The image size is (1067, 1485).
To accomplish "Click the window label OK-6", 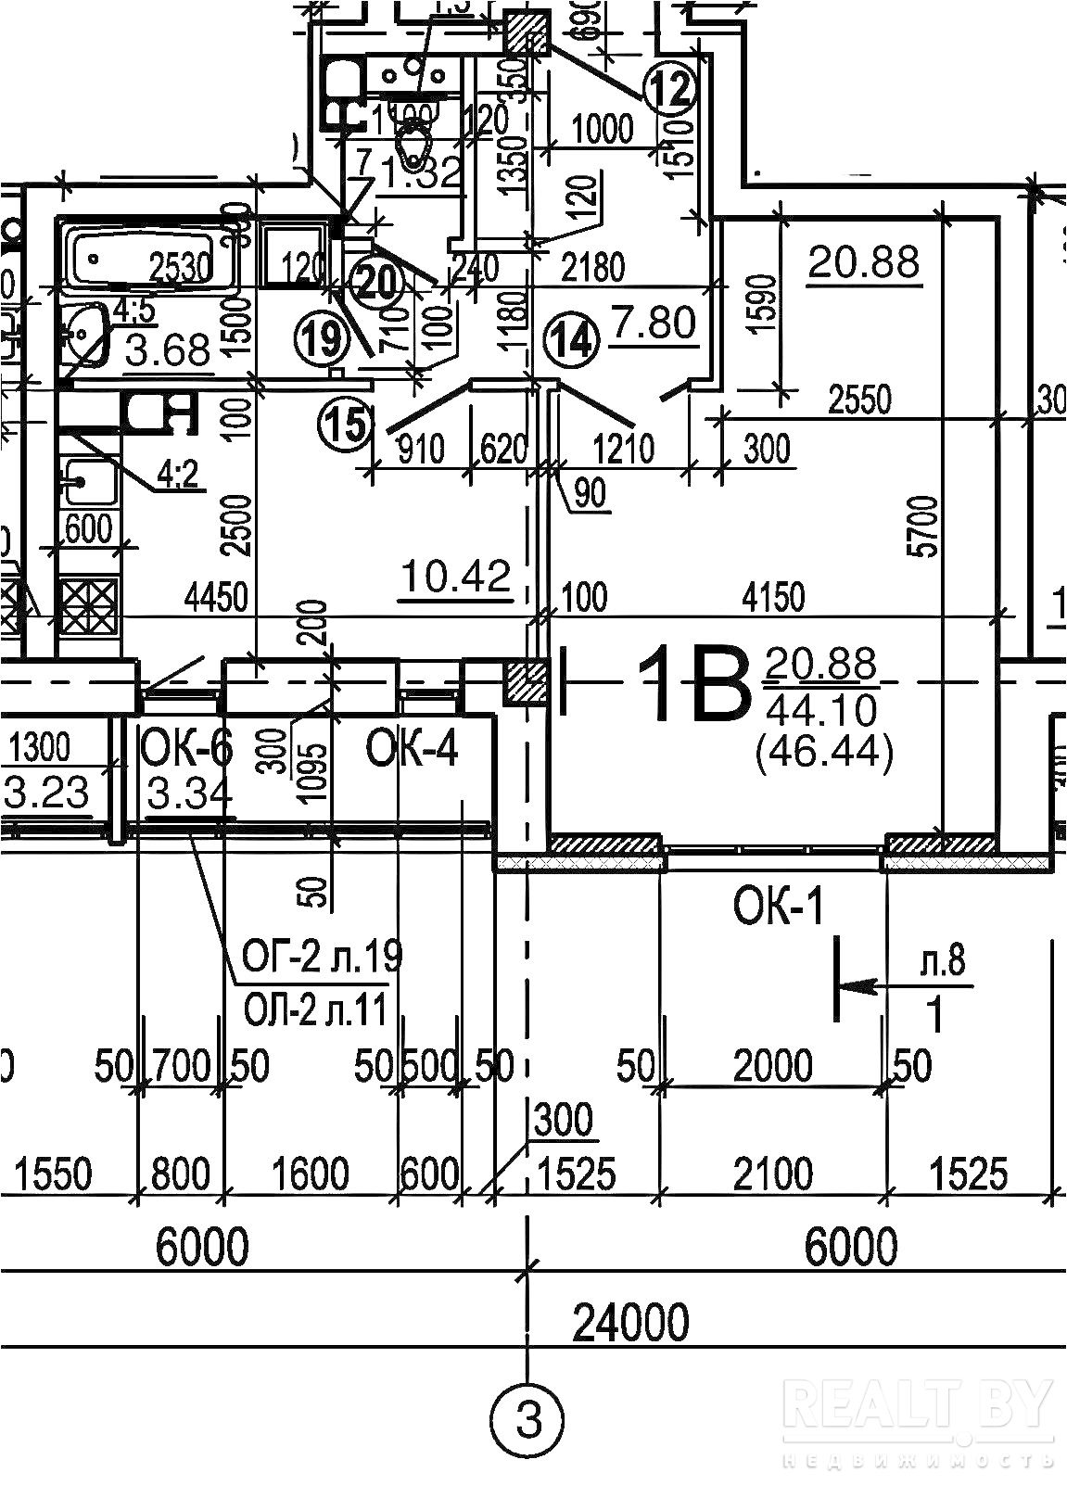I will tap(185, 747).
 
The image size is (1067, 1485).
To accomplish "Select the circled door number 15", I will tap(344, 425).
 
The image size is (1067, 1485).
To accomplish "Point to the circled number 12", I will tap(669, 91).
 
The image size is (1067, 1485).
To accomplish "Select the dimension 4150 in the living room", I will tap(773, 597).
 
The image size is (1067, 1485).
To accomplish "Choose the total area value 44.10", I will tap(821, 710).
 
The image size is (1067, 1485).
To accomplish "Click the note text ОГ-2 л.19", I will tap(322, 955).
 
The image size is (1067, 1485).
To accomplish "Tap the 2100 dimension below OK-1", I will tap(773, 1174).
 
